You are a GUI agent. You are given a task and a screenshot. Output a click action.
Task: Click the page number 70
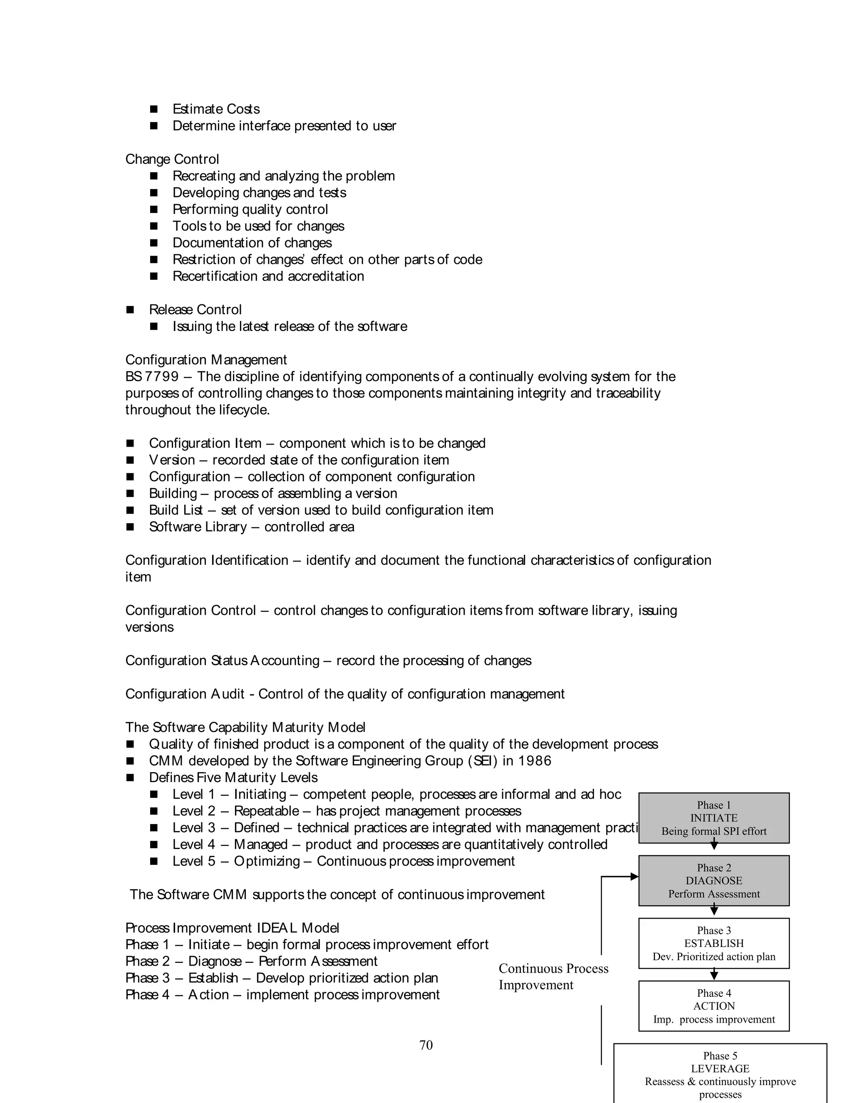(426, 1045)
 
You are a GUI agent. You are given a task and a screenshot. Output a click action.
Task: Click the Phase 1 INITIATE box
(714, 817)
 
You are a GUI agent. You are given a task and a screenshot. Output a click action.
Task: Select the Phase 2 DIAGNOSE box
(714, 880)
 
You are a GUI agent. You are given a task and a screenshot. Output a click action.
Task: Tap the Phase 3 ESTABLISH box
(714, 943)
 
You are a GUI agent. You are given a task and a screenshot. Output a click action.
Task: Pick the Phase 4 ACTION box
(714, 1006)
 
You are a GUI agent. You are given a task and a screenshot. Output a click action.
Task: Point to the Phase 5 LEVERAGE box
(720, 1073)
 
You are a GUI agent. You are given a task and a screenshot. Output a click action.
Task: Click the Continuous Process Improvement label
(553, 976)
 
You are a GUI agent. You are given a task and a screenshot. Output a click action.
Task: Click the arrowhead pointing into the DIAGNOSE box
(634, 877)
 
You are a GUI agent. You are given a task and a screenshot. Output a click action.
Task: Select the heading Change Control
(172, 159)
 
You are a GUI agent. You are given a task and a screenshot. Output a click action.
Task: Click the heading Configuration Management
(206, 360)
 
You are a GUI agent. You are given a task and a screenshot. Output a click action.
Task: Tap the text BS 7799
(152, 376)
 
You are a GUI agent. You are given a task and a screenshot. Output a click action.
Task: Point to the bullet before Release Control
(130, 310)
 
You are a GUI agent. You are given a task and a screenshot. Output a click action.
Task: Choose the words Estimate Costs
(216, 109)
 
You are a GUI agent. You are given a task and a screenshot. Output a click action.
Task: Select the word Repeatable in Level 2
(267, 810)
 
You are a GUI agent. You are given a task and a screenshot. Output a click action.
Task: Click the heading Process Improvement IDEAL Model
(232, 928)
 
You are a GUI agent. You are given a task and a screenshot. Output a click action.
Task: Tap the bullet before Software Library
(130, 527)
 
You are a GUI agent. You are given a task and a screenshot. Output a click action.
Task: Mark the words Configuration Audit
(185, 694)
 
